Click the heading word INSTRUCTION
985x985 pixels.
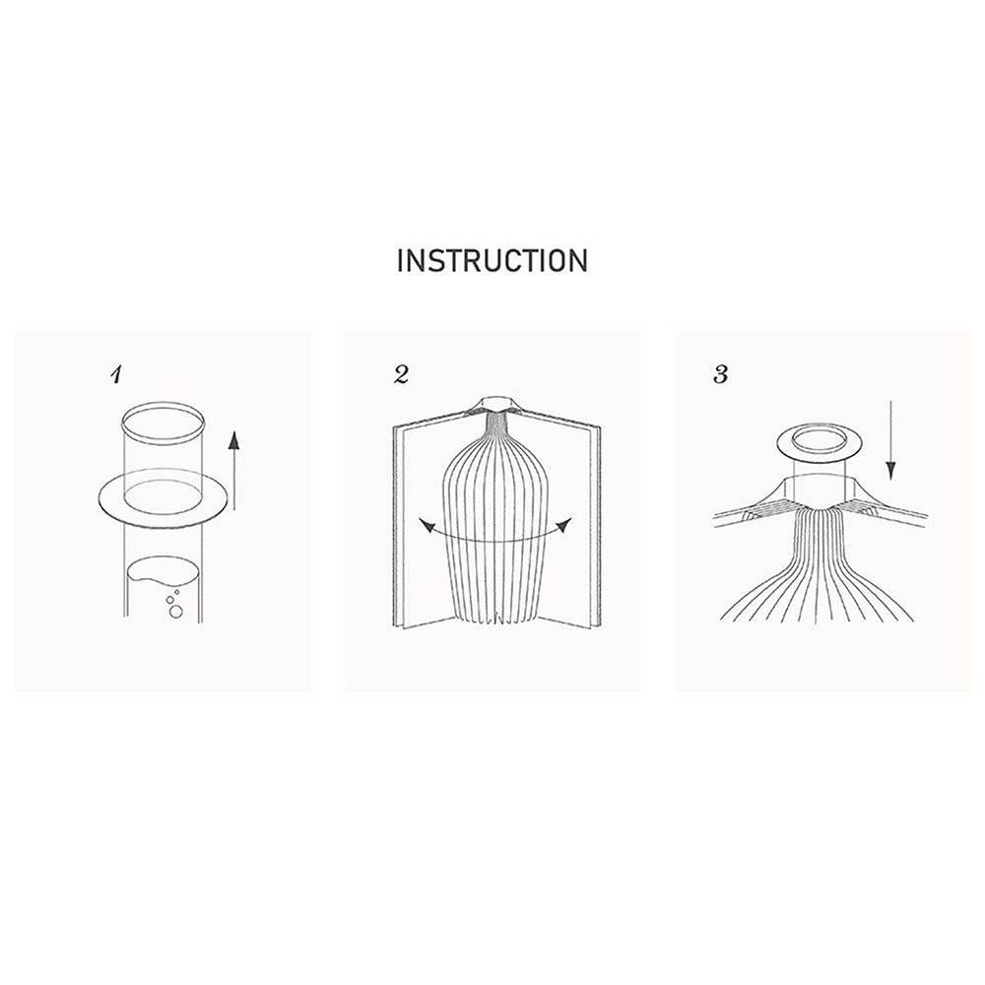pyautogui.click(x=492, y=261)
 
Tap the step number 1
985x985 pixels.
pyautogui.click(x=115, y=375)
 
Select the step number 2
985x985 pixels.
pyautogui.click(x=402, y=375)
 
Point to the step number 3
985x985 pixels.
pyautogui.click(x=721, y=375)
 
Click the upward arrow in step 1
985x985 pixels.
pyautogui.click(x=233, y=470)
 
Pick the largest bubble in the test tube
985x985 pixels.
pyautogui.click(x=176, y=612)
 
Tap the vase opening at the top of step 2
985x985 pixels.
pyautogui.click(x=495, y=401)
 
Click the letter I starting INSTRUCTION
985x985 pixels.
pyautogui.click(x=400, y=261)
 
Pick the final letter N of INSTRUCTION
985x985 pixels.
pyautogui.click(x=579, y=261)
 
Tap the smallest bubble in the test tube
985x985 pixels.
pyautogui.click(x=176, y=592)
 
